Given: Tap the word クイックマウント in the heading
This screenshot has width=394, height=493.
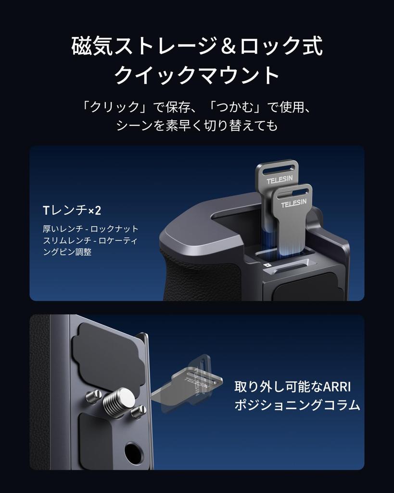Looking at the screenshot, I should [x=197, y=76].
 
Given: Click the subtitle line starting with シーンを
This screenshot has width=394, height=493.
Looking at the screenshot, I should [x=197, y=126].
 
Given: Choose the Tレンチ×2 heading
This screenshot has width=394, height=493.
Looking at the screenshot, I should [x=72, y=210].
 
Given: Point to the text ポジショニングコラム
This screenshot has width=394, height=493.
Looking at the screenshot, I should [x=297, y=405].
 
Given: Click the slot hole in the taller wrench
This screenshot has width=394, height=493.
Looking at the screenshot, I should [x=277, y=168].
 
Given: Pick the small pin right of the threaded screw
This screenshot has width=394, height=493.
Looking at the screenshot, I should [x=139, y=410].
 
